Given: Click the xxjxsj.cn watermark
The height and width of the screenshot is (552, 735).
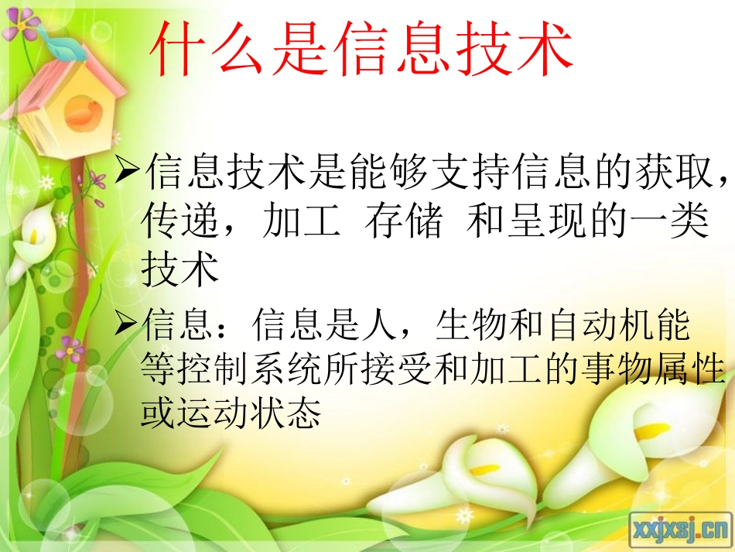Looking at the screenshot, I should pos(681,530).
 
